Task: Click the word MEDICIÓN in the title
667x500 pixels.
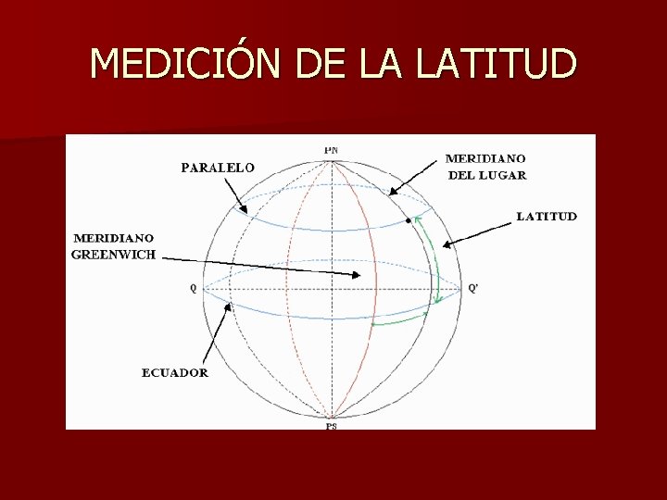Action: tap(187, 64)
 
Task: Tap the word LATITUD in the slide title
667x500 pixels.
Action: tap(497, 64)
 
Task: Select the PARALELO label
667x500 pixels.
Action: tap(217, 168)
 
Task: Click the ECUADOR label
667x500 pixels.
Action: tap(175, 373)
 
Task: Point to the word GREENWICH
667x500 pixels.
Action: tap(114, 255)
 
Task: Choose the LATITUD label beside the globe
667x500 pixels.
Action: tap(547, 217)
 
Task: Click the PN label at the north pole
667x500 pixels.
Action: tap(331, 149)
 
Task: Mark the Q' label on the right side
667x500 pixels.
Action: tap(473, 288)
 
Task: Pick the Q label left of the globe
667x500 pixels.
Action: tap(193, 288)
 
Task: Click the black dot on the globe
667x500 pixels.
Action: tap(409, 222)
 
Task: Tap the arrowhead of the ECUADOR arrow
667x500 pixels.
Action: tap(226, 309)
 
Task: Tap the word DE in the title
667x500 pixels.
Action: tap(318, 64)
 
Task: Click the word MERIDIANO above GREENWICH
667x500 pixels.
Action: tap(113, 238)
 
